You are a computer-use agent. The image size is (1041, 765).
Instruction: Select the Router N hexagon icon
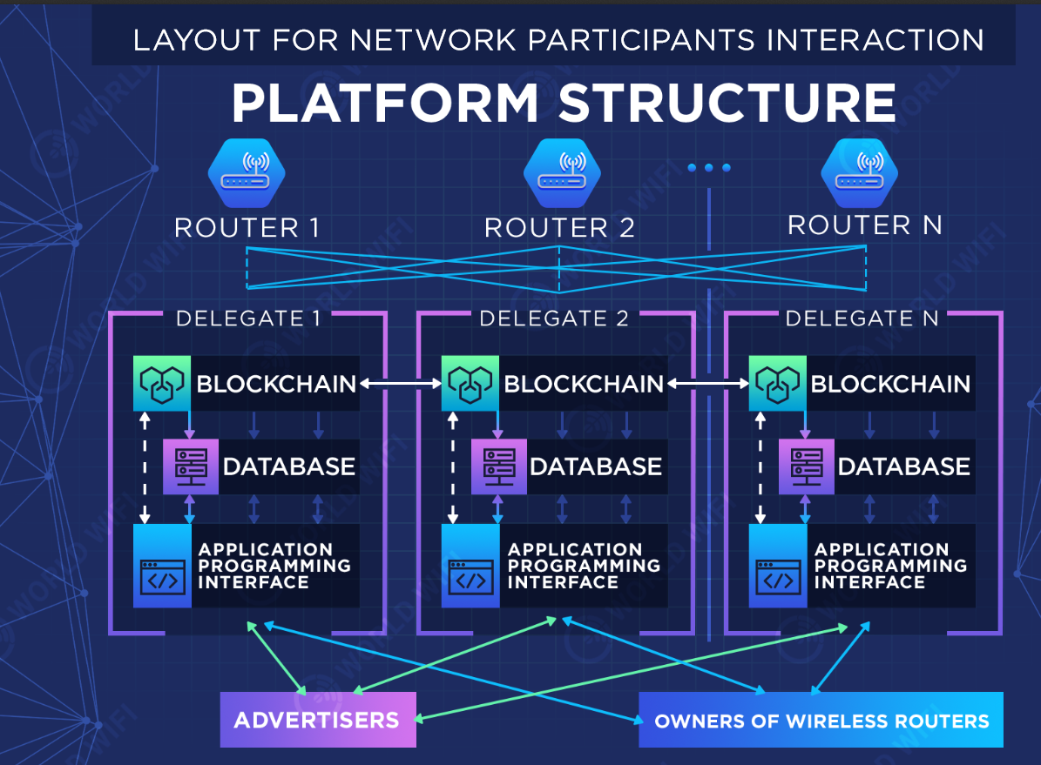point(860,172)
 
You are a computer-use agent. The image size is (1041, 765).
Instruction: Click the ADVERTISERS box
point(317,720)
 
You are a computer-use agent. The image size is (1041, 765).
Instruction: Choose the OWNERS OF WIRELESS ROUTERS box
point(821,720)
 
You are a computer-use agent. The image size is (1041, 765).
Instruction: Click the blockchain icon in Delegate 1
point(162,383)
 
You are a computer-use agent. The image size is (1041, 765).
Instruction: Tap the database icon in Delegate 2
point(500,466)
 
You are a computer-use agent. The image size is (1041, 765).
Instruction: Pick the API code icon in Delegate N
point(777,576)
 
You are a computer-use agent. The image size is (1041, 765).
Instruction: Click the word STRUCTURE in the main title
point(727,104)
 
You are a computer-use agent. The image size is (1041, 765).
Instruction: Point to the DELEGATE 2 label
point(554,319)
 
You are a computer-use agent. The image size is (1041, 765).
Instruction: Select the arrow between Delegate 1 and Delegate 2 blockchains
point(400,383)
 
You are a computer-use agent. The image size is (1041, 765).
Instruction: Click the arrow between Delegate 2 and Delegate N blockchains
point(707,383)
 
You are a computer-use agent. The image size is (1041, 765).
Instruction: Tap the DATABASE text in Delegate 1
point(289,466)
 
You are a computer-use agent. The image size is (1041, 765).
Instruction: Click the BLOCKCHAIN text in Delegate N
point(890,384)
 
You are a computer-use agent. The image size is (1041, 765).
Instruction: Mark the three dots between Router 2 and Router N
point(709,168)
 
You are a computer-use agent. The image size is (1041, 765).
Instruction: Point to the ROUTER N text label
point(865,225)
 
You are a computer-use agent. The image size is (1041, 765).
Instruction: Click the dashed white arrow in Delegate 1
point(145,466)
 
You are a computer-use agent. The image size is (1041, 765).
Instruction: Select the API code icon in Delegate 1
point(163,576)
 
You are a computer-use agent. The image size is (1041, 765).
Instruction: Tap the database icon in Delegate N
point(808,466)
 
